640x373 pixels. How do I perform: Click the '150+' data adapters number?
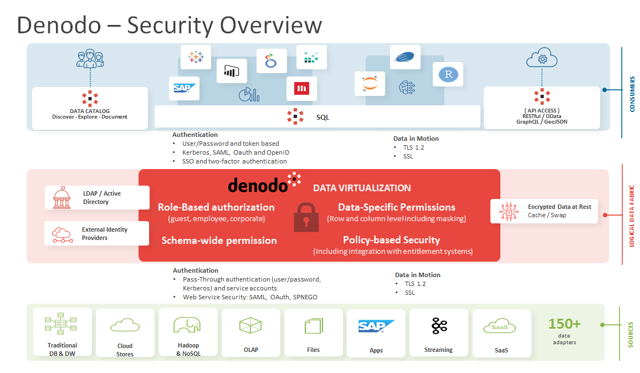coord(564,324)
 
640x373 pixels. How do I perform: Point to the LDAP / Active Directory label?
coord(102,198)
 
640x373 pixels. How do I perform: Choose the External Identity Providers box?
coord(96,233)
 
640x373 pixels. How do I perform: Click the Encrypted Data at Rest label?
coord(559,207)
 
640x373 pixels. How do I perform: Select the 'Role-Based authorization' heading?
coord(216,207)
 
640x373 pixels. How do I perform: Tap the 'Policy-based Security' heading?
coord(391,240)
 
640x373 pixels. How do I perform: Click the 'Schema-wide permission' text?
coord(219,241)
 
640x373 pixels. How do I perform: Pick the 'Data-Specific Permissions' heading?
coord(397,207)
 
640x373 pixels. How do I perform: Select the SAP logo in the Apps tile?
coord(376,326)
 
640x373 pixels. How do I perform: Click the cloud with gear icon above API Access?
coord(541,59)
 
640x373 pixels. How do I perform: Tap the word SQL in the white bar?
coord(322,117)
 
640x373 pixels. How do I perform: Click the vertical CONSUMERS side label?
coord(632,94)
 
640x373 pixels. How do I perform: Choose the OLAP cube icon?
coord(249,325)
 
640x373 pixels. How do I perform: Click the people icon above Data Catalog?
coord(90,60)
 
